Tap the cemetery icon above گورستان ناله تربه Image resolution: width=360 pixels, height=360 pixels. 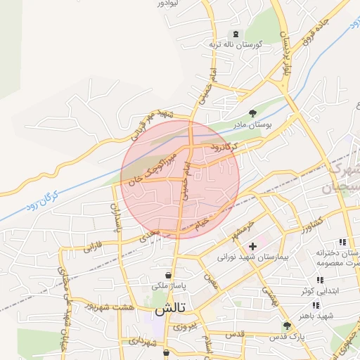click(x=236, y=34)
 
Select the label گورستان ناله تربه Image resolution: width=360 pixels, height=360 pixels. click(x=235, y=45)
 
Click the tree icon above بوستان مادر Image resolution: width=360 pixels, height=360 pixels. click(x=253, y=113)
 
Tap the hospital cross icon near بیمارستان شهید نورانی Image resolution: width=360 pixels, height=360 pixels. click(x=252, y=246)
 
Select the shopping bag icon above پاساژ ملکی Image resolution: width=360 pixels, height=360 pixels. click(x=169, y=275)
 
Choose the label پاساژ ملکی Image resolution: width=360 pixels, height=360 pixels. click(x=168, y=286)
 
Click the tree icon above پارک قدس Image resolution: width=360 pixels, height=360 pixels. click(x=286, y=326)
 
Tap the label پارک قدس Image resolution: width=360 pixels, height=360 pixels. click(x=289, y=337)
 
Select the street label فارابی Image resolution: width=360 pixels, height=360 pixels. click(x=94, y=247)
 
